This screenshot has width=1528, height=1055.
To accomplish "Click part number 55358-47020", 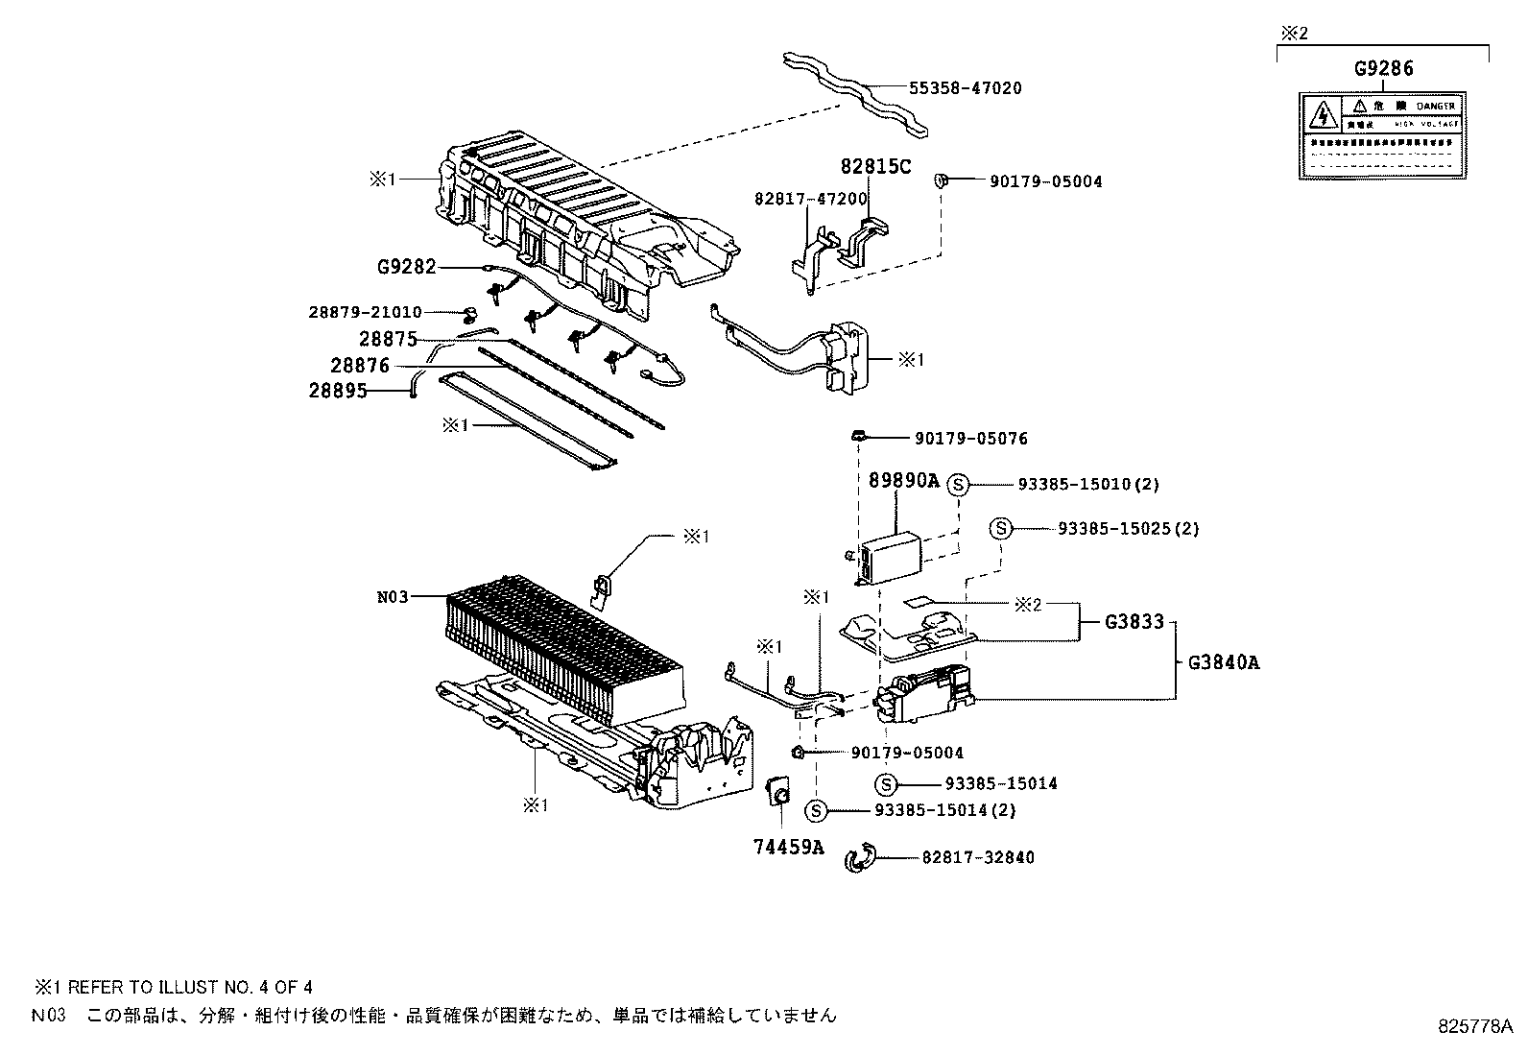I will [965, 88].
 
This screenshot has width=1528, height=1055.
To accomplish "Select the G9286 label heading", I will [1383, 69].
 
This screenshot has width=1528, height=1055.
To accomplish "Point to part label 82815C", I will [875, 166].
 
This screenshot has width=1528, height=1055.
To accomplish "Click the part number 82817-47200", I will [811, 200].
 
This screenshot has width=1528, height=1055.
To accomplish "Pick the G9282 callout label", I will [407, 267].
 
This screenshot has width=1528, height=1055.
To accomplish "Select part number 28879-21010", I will [365, 312].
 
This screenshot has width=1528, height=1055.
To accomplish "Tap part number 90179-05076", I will [970, 439].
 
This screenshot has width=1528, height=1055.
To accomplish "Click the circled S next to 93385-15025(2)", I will [1000, 529].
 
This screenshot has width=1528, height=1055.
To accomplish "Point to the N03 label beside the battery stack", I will [393, 597].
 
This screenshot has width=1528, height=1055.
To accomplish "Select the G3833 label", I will [1134, 622].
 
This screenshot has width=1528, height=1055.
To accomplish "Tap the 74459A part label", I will [788, 847].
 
